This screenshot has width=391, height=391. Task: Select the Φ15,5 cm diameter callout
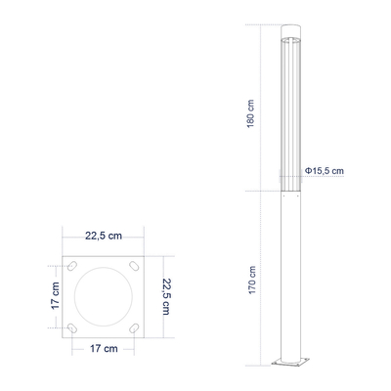(324, 171)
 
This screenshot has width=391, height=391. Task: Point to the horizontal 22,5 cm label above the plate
(104, 237)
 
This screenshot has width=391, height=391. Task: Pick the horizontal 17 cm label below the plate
(104, 348)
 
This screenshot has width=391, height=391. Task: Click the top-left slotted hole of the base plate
(73, 266)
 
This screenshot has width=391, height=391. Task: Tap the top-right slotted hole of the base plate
(133, 266)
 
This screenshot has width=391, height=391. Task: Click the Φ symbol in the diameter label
(308, 171)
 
